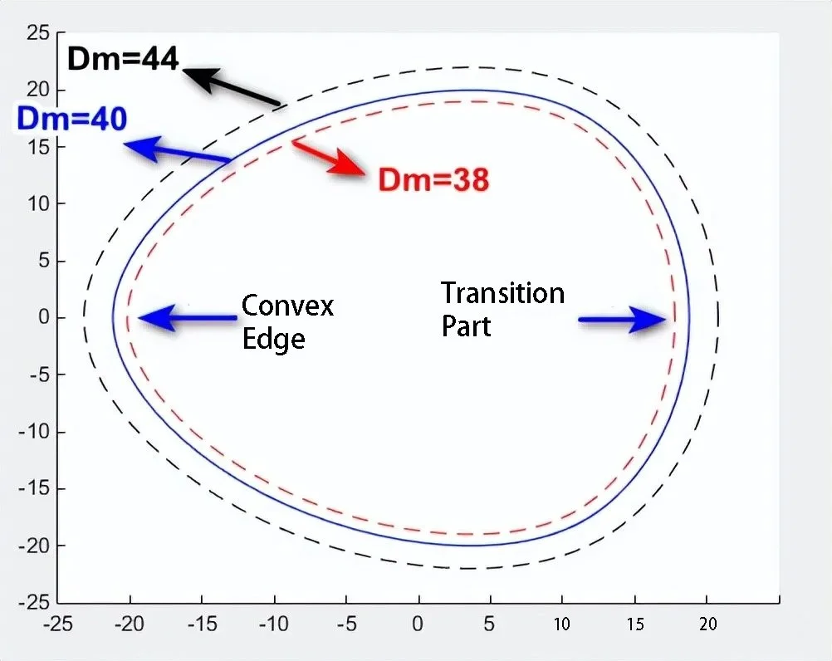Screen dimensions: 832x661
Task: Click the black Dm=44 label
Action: tap(123, 58)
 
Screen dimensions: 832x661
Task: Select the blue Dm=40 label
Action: tap(72, 118)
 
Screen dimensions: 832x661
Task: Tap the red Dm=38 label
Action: tap(433, 179)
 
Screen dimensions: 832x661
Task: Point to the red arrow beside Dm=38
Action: tap(329, 158)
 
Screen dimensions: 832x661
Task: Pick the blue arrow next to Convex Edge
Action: tap(188, 318)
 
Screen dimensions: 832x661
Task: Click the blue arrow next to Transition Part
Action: tap(622, 320)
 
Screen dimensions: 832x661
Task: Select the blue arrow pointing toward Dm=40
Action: tap(177, 149)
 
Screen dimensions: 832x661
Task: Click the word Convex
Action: tap(287, 306)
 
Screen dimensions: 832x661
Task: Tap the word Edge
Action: tap(274, 339)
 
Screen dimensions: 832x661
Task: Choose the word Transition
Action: tap(502, 293)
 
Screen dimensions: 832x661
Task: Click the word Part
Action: tap(466, 326)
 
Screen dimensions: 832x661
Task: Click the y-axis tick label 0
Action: tap(44, 317)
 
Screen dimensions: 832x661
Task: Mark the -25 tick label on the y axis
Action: tap(34, 603)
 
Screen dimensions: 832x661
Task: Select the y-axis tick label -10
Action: tap(34, 431)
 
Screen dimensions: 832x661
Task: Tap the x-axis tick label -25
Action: tap(57, 624)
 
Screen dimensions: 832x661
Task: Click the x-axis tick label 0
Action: tap(418, 624)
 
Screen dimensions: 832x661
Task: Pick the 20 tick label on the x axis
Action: tap(707, 624)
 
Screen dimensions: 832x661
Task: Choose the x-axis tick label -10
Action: tap(274, 624)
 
